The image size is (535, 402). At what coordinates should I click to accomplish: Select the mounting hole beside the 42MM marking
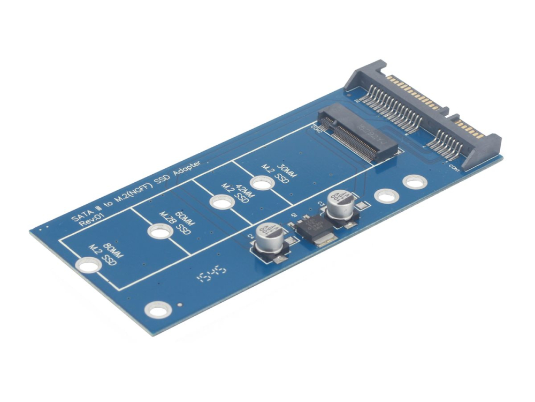(221, 203)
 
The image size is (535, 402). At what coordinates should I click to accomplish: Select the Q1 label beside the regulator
(293, 217)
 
